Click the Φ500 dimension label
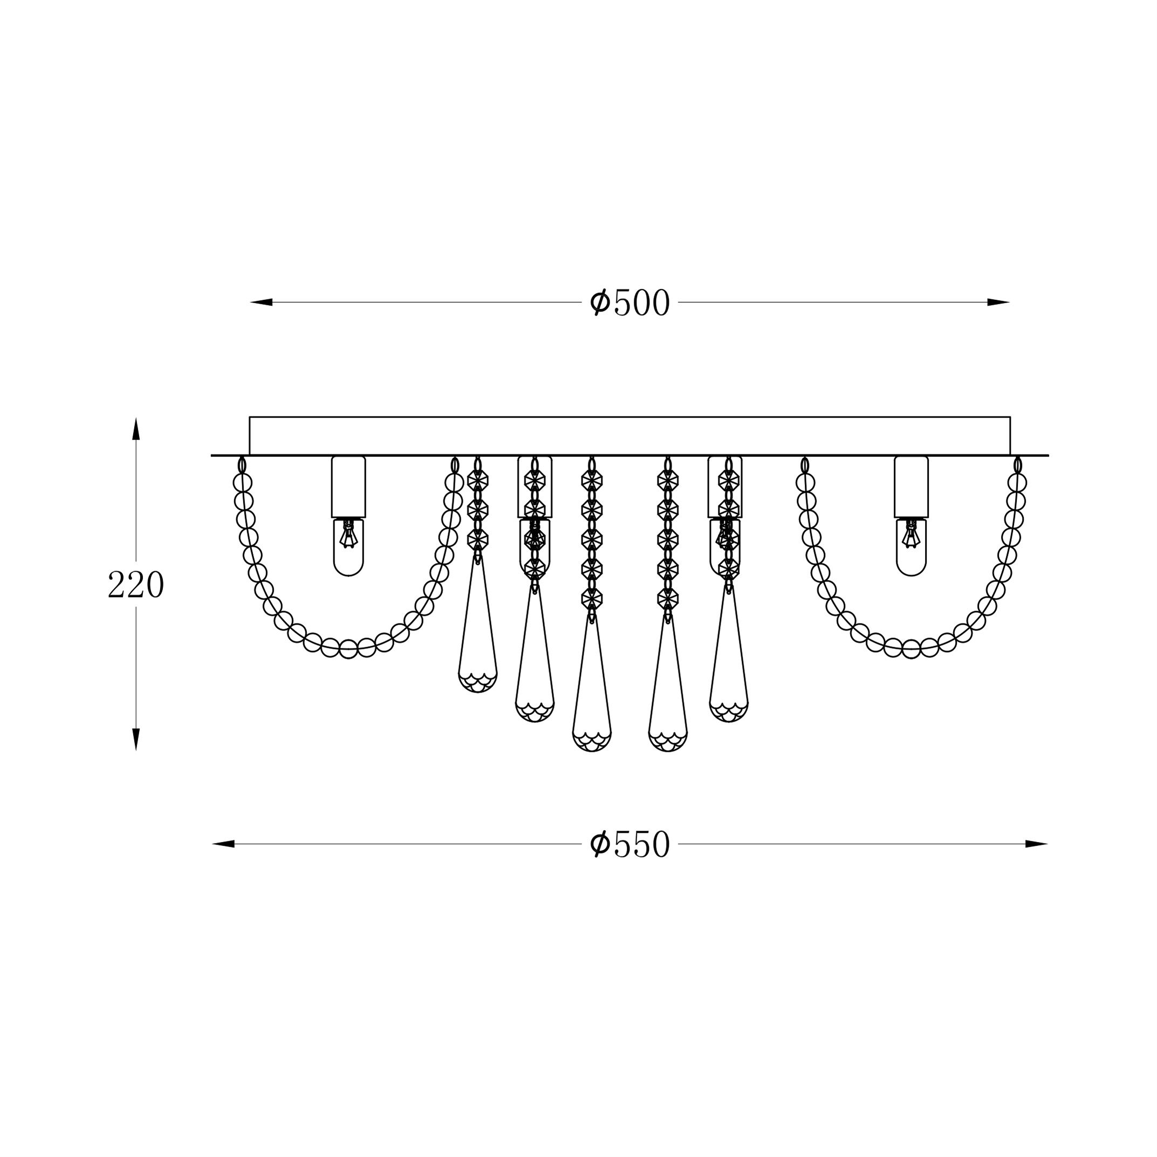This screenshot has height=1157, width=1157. [629, 303]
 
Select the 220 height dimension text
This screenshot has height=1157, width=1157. [136, 585]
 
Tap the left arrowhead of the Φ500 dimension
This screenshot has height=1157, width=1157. [261, 303]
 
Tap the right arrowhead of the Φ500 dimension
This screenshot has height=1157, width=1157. [999, 303]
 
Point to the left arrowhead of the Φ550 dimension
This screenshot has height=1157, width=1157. [223, 844]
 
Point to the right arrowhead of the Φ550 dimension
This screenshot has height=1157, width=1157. [1037, 844]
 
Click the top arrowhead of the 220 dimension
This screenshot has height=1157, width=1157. [136, 429]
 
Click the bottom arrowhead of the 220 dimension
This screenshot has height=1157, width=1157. [136, 740]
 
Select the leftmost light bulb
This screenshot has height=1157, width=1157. [348, 547]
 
